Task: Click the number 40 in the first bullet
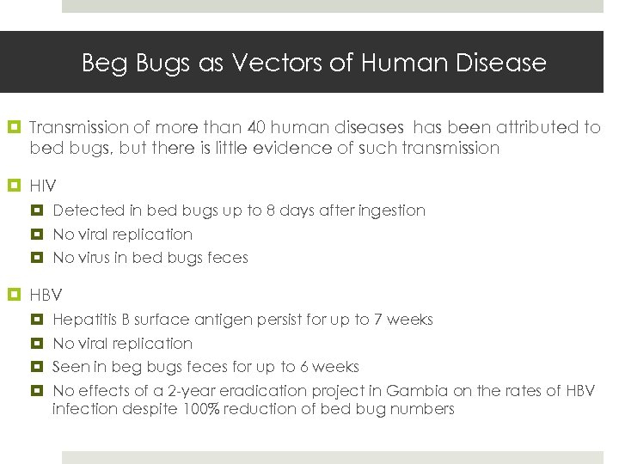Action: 256,127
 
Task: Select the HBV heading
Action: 46,296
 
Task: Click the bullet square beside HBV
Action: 15,296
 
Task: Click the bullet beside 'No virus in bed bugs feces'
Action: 39,258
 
